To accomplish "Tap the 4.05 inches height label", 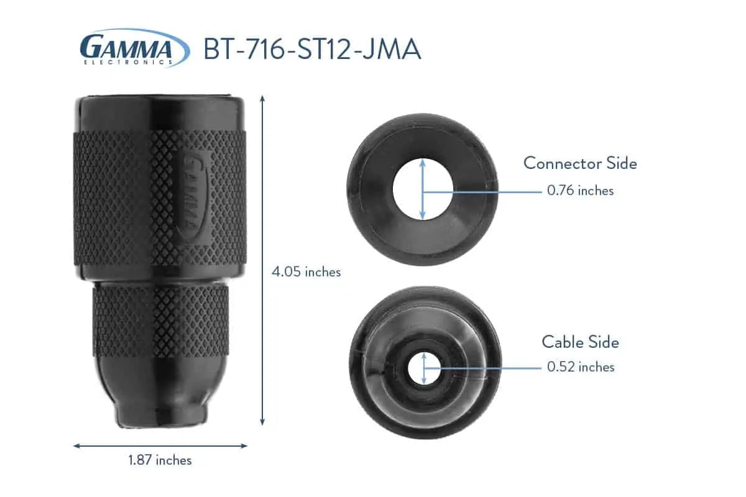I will coord(306,271).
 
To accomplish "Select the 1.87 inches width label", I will coord(160,460).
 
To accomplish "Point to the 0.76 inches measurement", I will coord(580,191).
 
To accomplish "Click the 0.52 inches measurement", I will coord(580,367).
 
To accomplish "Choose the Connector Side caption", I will coord(580,163).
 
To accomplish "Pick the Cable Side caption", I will coord(580,342).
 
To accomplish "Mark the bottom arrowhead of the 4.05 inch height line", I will coord(263,422).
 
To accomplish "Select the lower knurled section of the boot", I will coord(160,320).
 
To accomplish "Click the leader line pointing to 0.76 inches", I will coord(491,192).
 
